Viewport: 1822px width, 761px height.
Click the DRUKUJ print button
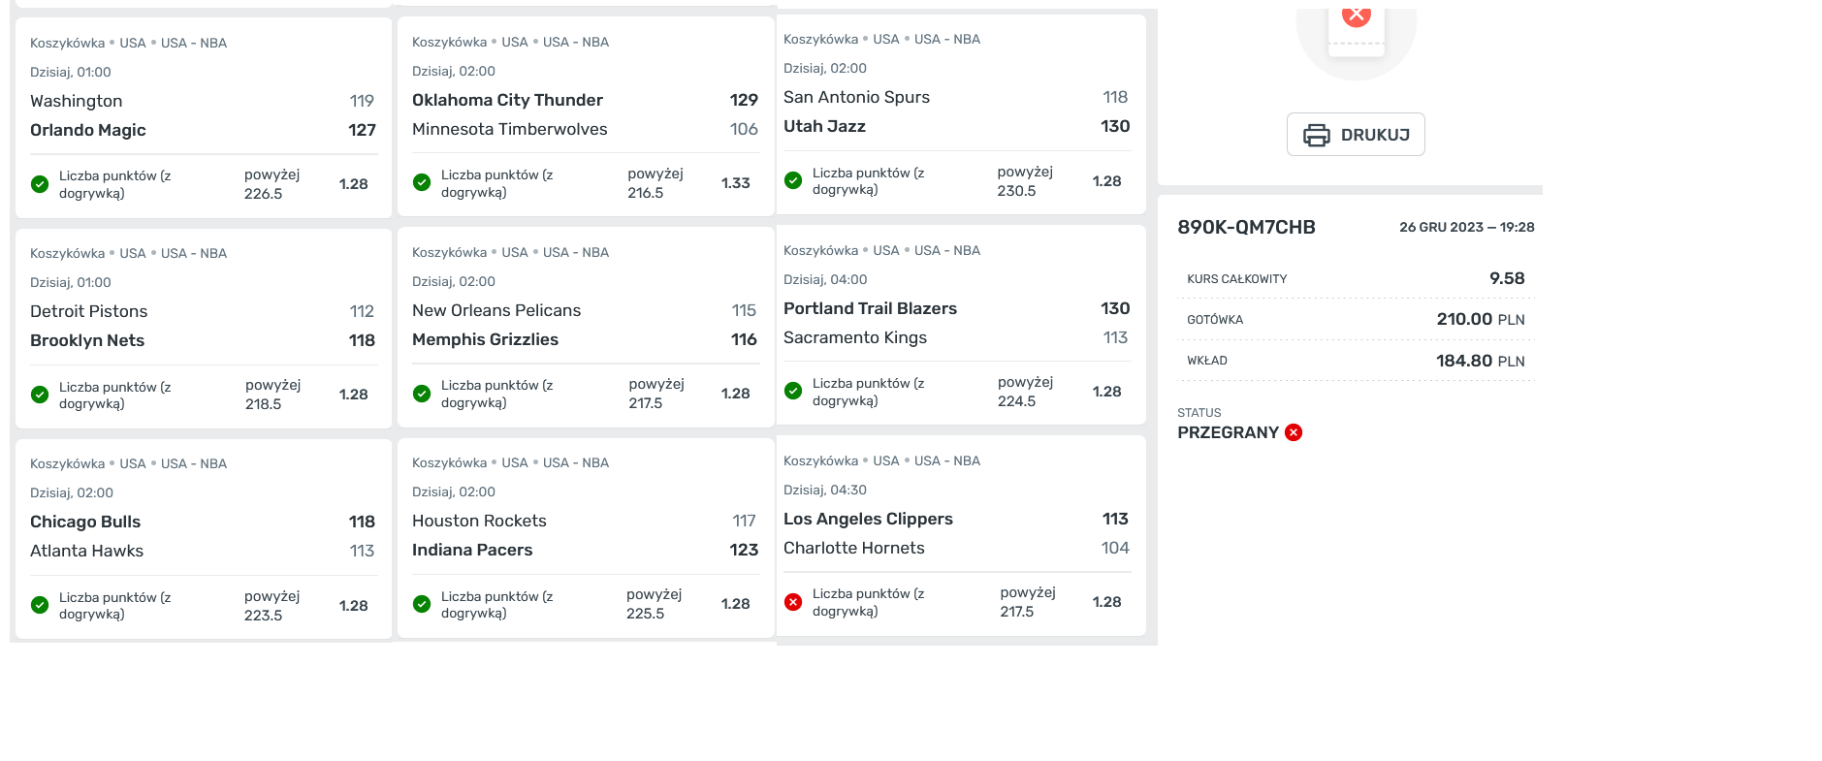click(1356, 135)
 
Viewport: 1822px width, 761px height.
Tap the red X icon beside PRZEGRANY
click(1294, 432)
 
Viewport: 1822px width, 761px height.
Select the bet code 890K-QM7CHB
click(1246, 227)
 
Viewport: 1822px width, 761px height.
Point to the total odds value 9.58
click(1507, 278)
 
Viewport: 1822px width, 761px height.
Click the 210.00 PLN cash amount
click(1481, 319)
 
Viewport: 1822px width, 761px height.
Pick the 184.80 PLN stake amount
click(1481, 361)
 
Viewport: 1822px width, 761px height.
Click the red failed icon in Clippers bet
click(793, 602)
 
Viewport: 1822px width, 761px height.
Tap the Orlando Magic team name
click(88, 130)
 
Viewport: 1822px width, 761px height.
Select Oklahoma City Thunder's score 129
click(744, 100)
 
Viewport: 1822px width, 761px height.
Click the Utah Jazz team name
click(824, 126)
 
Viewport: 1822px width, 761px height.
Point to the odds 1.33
click(736, 183)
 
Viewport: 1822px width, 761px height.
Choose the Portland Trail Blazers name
click(870, 308)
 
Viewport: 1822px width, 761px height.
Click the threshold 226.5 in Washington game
click(264, 194)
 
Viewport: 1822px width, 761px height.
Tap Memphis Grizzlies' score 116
click(744, 339)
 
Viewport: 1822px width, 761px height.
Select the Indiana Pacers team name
click(472, 550)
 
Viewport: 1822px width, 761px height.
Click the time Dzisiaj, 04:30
click(825, 490)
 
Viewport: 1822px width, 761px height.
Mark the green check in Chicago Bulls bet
click(40, 605)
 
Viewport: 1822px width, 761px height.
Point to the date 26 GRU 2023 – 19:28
click(1467, 227)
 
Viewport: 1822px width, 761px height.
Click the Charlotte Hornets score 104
click(1115, 548)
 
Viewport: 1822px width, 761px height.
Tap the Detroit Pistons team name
click(89, 311)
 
